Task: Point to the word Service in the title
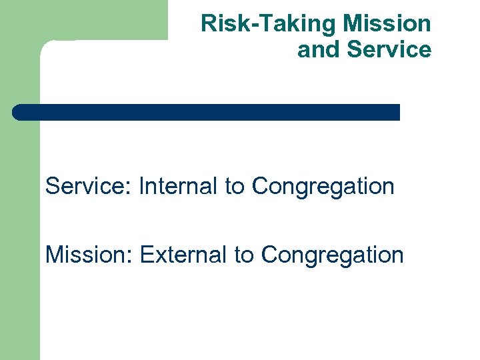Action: [389, 49]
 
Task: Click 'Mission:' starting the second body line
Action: [89, 254]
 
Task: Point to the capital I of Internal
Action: [141, 186]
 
